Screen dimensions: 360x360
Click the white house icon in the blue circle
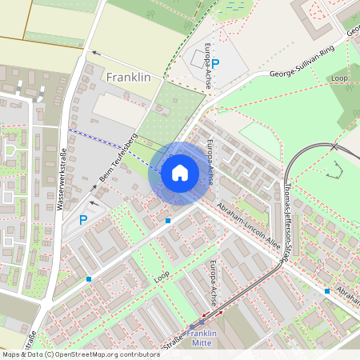click(179, 173)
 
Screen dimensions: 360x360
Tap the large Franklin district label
click(128, 78)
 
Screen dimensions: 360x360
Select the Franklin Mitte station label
click(201, 338)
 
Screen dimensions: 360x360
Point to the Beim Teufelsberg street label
click(118, 154)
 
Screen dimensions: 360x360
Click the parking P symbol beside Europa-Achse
click(214, 62)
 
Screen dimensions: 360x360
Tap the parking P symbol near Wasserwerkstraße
click(82, 220)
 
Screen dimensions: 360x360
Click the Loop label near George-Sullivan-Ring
click(339, 78)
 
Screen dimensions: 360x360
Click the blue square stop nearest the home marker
click(168, 220)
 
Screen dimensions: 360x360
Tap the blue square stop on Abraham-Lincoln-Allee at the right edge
click(327, 291)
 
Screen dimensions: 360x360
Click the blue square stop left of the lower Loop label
click(88, 278)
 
